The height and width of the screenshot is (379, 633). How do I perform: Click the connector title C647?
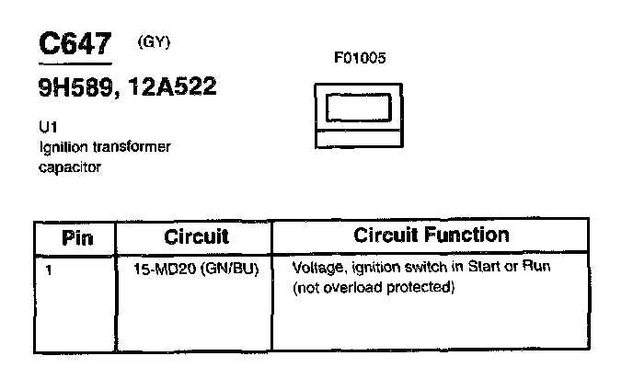pyautogui.click(x=75, y=46)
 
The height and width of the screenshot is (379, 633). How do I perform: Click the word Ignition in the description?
pyautogui.click(x=60, y=146)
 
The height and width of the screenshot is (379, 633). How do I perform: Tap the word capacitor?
pyautogui.click(x=69, y=167)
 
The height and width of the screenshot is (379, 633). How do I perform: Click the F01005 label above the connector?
pyautogui.click(x=360, y=58)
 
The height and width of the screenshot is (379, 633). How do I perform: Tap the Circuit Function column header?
pyautogui.click(x=431, y=235)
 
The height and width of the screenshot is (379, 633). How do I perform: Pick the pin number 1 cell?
pyautogui.click(x=49, y=270)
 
